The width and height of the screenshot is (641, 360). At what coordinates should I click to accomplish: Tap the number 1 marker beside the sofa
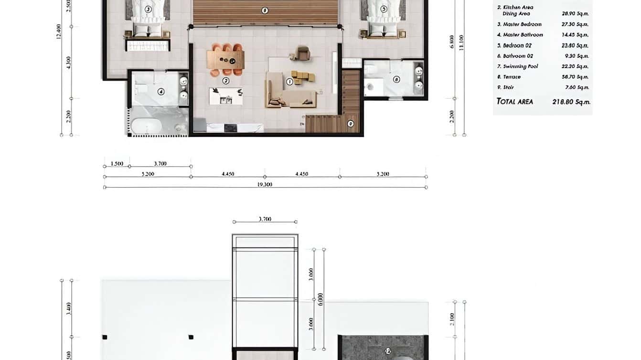[x=289, y=82]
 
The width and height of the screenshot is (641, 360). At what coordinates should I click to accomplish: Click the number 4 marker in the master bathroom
[x=161, y=92]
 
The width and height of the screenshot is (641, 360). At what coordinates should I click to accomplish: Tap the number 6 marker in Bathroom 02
[x=396, y=80]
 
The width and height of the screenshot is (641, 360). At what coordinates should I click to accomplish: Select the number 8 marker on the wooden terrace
[x=265, y=10]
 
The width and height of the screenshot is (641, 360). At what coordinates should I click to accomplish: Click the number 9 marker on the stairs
[x=351, y=124]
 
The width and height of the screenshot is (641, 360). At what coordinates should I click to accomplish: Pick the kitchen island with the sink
[x=226, y=96]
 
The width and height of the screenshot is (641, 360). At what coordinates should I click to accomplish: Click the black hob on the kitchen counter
[x=230, y=127]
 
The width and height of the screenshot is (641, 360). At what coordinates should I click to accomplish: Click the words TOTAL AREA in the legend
[x=514, y=101]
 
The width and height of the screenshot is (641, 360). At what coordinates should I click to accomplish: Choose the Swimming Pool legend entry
[x=520, y=66]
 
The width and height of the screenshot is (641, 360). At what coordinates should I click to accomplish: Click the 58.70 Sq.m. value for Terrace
[x=575, y=77]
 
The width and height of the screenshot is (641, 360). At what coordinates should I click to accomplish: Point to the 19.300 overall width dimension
[x=265, y=184]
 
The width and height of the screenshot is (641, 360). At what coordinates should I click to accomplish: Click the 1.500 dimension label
[x=117, y=164]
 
